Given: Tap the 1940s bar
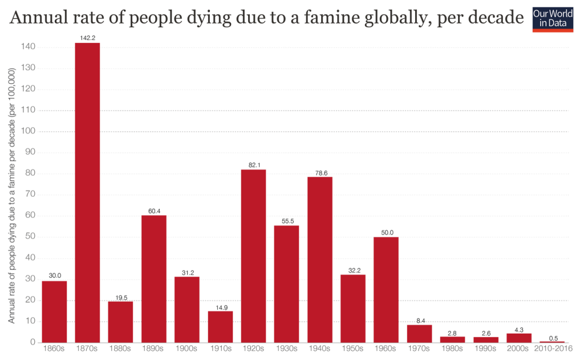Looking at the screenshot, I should (319, 260).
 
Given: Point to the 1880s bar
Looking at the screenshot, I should (120, 322).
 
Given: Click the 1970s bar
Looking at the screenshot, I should (419, 333).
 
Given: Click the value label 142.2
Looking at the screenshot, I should (87, 38).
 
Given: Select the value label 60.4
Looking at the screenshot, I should (153, 211).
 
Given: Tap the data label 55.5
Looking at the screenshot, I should (286, 221).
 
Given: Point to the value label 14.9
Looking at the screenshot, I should (220, 307).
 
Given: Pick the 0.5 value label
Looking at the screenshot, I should (552, 337).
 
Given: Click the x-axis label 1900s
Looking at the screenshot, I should (186, 348).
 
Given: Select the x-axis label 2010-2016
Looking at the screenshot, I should (552, 348).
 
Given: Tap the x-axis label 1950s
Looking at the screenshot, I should (352, 348).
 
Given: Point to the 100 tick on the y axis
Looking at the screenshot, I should (29, 131).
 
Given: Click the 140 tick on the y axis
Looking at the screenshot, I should (29, 47).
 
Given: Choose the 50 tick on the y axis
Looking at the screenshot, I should (31, 237).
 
